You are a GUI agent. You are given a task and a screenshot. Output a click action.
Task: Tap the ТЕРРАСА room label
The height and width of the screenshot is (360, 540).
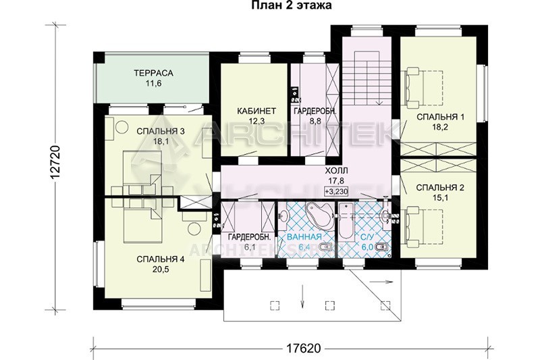[153, 73]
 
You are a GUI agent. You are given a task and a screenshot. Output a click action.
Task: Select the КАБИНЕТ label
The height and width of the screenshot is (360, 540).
[256, 111]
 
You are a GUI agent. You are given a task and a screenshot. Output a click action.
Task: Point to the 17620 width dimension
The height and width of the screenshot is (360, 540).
[303, 348]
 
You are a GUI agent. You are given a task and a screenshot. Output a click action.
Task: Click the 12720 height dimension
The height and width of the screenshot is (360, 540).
[55, 162]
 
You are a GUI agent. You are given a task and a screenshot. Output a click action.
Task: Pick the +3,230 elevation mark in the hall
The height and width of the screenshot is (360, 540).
[336, 191]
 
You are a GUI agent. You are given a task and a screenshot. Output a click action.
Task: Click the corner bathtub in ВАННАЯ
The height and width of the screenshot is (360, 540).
[319, 215]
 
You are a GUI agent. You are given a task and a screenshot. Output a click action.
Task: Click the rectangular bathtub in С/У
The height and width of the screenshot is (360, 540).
[344, 220]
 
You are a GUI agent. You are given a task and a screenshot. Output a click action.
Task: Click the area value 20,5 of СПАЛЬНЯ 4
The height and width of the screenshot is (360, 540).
[161, 269]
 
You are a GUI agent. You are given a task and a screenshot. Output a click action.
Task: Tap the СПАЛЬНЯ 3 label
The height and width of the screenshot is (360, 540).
[161, 131]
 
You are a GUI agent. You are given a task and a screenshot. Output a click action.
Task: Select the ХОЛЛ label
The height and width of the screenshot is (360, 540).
[337, 170]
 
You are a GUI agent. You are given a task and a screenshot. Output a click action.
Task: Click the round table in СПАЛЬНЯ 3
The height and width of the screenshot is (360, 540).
[122, 127]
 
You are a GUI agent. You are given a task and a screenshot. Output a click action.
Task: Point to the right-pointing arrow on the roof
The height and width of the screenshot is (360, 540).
[381, 282]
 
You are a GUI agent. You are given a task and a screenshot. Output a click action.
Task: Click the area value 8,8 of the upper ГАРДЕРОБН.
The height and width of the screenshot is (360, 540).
[315, 121]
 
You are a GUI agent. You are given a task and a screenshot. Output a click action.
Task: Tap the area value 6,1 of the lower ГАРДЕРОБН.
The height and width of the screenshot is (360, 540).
[250, 247]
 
